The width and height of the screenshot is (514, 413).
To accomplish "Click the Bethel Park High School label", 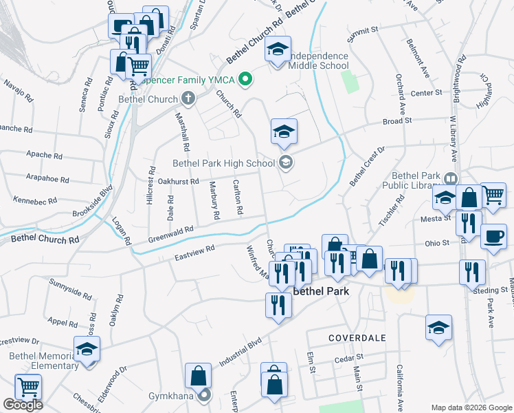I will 223,163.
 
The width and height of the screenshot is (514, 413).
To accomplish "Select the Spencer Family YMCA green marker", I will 243,81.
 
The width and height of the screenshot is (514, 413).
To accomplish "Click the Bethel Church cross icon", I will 188,99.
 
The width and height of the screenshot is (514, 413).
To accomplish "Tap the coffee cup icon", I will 494,237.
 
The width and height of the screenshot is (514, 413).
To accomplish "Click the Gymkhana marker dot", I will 204,395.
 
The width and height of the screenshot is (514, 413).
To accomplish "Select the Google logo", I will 23,405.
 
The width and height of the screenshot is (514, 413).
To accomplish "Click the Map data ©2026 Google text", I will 471,407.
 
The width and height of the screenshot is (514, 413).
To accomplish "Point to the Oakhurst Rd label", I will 178,182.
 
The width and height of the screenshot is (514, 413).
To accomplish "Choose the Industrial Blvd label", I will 241,350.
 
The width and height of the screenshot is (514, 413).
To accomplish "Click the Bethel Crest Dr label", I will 368,166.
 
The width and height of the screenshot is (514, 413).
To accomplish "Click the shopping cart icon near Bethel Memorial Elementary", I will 28,388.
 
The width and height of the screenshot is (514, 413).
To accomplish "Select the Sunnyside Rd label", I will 69,288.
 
